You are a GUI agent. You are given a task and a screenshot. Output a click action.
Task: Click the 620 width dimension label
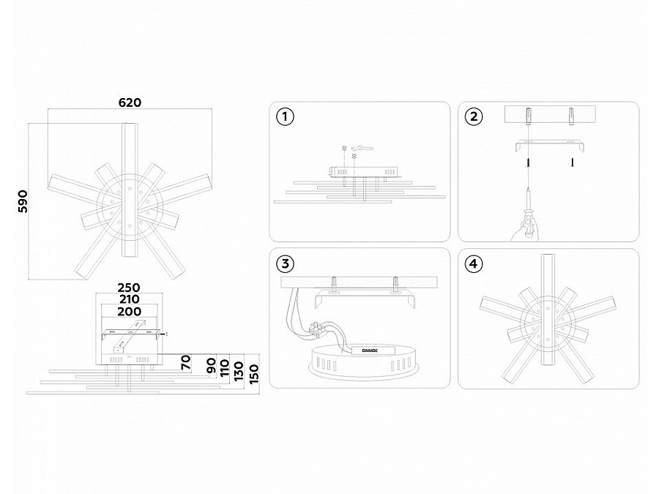point(130,102)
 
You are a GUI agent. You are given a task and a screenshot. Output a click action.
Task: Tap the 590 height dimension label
point(22,201)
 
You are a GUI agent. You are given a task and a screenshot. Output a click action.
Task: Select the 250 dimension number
point(129,287)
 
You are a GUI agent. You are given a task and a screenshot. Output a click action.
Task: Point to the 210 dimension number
point(129,299)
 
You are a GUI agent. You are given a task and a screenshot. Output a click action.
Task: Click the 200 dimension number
point(129,311)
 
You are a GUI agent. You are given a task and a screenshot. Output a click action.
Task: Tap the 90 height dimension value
point(212,366)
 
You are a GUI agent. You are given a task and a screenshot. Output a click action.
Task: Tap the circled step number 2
point(474,117)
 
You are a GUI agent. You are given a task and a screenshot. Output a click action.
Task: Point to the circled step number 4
point(474,263)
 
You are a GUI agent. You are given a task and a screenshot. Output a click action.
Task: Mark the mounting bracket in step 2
point(548,145)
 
